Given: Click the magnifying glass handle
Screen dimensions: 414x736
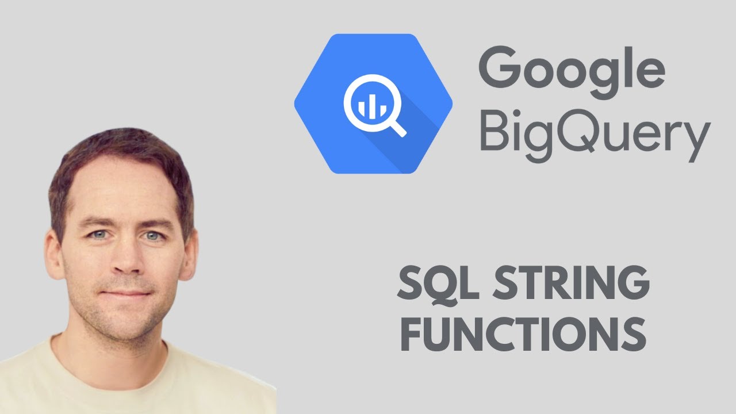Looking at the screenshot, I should [397, 128].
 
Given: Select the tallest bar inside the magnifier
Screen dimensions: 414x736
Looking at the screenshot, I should [369, 103].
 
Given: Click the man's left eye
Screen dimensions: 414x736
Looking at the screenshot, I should [152, 235].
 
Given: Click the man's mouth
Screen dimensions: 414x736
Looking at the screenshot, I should [128, 293].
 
